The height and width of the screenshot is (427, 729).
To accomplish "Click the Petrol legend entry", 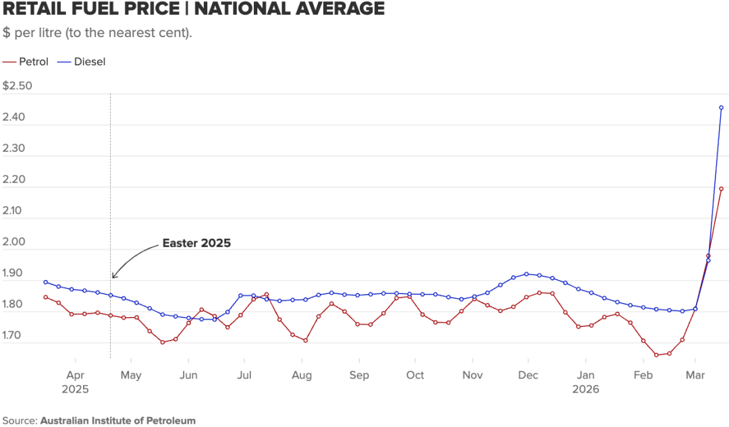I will pos(33,61).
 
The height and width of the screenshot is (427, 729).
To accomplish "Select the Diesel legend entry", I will pos(89,61).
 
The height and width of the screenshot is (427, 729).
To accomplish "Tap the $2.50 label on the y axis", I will pos(18,86).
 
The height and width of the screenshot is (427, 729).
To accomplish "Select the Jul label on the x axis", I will pos(244,375).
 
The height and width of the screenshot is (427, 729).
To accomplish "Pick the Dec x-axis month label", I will pos(528,375).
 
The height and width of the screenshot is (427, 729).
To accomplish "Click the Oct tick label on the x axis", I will pos(414,375).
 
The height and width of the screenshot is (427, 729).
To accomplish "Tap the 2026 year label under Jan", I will pos(585,389).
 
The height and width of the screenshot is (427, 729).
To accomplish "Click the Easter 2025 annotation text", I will pos(196,244).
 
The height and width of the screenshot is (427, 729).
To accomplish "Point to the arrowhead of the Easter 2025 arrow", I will pos(113,277).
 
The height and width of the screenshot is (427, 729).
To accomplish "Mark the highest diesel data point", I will pos(721,107).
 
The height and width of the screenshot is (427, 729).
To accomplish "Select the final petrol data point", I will pos(721,189).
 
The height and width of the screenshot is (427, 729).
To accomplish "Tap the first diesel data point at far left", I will pos(45,282).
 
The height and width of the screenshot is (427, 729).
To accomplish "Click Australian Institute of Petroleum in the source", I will pos(118,420).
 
